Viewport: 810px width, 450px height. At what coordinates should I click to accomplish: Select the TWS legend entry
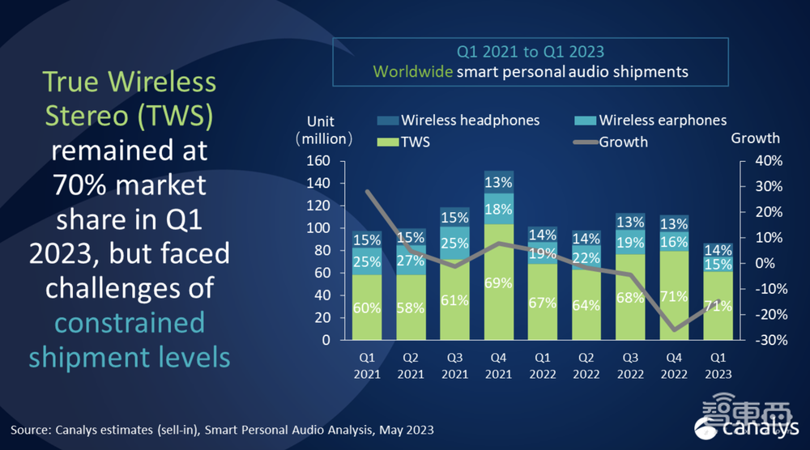tap(416, 141)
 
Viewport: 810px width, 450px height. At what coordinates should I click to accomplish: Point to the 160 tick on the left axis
tap(319, 161)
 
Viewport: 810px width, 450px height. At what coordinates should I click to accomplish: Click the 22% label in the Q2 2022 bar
tap(586, 257)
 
